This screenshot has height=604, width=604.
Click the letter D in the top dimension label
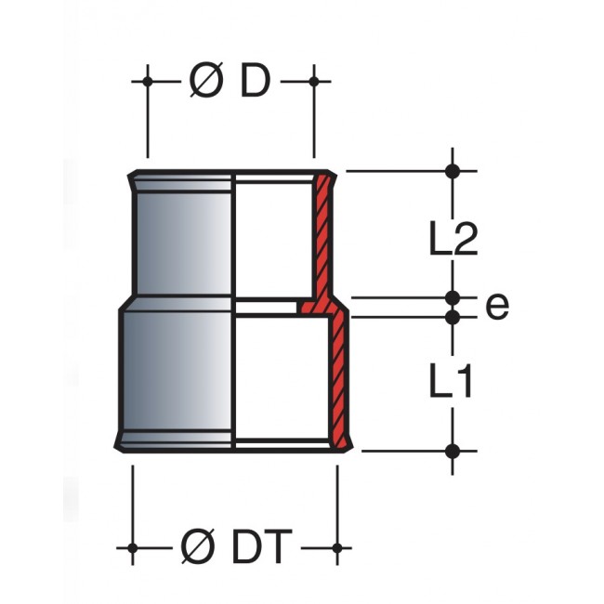(255, 82)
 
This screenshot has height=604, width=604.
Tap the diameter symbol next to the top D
(206, 82)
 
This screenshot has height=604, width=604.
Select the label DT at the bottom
(262, 546)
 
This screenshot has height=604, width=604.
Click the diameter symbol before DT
(198, 546)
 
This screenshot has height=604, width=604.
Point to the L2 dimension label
(453, 238)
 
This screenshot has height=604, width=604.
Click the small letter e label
(497, 307)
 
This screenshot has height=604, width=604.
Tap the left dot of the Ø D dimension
(148, 82)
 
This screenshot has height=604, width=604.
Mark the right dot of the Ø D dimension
(314, 82)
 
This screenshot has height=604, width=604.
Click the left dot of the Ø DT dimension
(133, 547)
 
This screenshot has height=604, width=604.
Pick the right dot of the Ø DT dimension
(337, 547)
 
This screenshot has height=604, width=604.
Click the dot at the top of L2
(453, 171)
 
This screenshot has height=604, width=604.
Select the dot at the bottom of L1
(453, 451)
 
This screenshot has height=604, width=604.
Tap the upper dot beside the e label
(453, 297)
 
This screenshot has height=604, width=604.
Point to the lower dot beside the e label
(453, 317)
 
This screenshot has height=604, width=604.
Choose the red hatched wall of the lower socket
(339, 381)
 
